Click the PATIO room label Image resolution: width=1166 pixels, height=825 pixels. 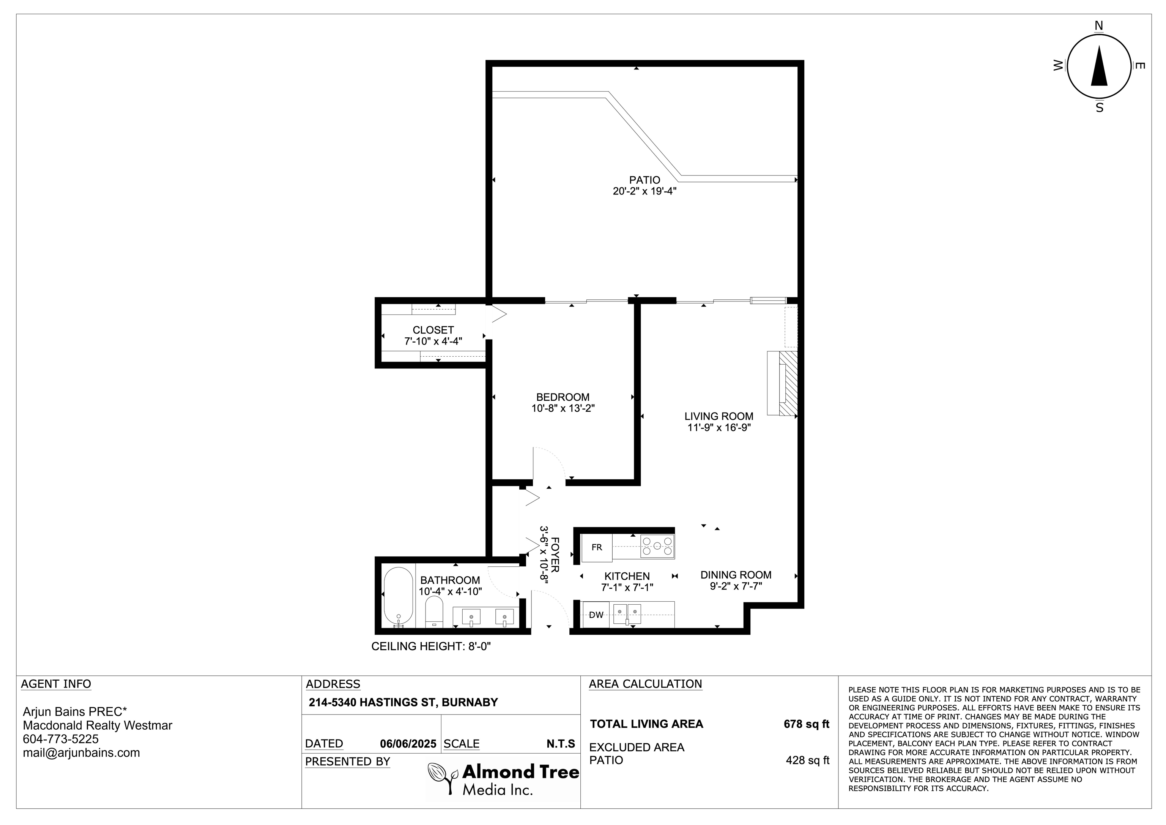point(644,180)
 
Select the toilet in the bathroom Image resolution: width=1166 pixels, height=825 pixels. point(434,612)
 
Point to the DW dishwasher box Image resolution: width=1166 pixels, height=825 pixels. point(596,615)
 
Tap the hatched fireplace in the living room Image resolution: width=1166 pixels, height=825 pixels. point(789,383)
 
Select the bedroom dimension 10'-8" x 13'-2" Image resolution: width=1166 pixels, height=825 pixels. point(563,408)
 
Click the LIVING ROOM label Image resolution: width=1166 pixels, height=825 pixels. point(719,416)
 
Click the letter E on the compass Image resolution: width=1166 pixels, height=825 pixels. point(1139,66)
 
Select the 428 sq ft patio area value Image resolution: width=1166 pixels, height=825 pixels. point(807,760)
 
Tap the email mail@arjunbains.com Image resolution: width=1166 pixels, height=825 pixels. point(81,753)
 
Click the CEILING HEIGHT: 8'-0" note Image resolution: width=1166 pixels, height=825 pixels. point(431,646)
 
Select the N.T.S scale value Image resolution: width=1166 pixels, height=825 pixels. point(561,744)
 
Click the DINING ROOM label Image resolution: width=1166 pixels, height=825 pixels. point(736,575)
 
